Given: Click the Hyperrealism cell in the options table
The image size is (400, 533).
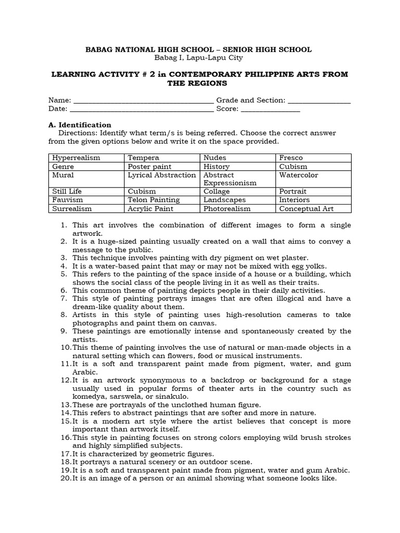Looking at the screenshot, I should (x=76, y=158).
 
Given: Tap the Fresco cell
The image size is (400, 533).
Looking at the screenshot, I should (x=291, y=158).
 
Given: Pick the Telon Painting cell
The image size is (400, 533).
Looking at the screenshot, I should (x=154, y=200).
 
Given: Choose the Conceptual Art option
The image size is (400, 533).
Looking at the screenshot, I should (x=306, y=209).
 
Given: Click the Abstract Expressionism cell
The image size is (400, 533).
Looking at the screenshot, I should (x=230, y=179).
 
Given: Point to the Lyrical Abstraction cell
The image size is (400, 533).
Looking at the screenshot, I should (x=161, y=175).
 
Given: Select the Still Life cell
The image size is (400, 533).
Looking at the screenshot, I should (x=68, y=192).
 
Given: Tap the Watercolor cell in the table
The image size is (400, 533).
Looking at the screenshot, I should (x=298, y=175).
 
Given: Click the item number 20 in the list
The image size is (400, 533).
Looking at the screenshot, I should (x=66, y=478).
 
